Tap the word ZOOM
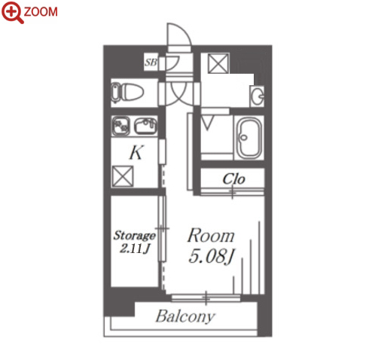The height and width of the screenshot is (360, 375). coord(41,12)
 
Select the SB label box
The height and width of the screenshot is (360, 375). coord(151,62)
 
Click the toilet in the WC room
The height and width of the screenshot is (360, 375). coord(128,92)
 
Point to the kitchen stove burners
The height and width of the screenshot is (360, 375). coord(120,126)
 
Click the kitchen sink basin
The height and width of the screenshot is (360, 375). coord(145,126)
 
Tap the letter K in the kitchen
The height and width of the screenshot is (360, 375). coord(136,152)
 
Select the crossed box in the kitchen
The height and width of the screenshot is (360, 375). coord(123,176)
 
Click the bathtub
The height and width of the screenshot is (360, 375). coord(249,138)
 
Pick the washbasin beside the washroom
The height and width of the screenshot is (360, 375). coord(257,96)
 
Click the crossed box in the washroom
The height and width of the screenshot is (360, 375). coord(218,63)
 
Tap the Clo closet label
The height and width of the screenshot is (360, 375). coord(233,179)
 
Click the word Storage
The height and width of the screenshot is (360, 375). coord(135,236)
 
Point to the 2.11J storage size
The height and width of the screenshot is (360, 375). coord(135,249)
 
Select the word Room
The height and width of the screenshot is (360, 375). coord(211,236)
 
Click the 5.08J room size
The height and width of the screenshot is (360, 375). coord(211,256)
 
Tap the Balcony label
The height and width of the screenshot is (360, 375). coord(185,316)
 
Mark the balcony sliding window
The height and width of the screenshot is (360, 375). coord(206,298)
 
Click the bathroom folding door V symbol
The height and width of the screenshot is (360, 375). coord(208,122)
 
